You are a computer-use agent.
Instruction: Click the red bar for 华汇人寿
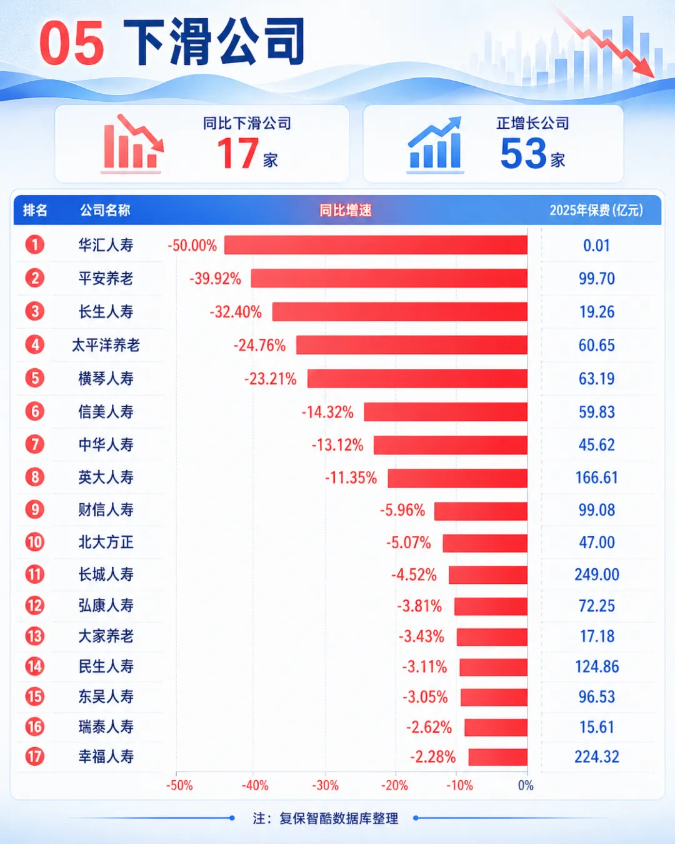tap(376, 244)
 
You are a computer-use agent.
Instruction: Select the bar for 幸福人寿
tap(497, 757)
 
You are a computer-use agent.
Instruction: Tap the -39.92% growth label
tap(216, 278)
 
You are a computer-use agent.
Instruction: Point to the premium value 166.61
tap(596, 478)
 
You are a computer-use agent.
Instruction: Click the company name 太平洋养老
tap(106, 345)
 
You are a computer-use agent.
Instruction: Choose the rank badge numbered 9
tap(35, 510)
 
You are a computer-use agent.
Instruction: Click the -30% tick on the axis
tap(325, 786)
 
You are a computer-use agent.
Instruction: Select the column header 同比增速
tap(345, 210)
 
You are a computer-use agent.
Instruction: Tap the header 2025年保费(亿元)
tap(596, 210)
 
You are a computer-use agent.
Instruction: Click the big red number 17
tap(237, 153)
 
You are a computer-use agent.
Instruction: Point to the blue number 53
tap(524, 153)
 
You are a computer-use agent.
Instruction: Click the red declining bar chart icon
tap(132, 144)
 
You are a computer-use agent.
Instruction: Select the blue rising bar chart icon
tap(435, 144)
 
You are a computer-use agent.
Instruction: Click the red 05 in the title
tap(72, 43)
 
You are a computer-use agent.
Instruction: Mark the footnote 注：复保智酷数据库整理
tap(325, 818)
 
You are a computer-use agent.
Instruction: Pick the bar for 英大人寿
tap(457, 478)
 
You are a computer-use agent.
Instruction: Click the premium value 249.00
tap(596, 575)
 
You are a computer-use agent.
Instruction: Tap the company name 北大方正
tap(106, 543)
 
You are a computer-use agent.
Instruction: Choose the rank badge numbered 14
tap(35, 666)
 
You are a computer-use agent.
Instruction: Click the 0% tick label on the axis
tap(526, 786)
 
